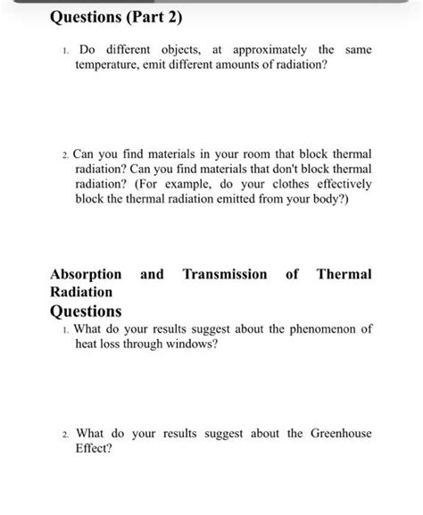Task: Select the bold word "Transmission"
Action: (224, 275)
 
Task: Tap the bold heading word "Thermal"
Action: (344, 275)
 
